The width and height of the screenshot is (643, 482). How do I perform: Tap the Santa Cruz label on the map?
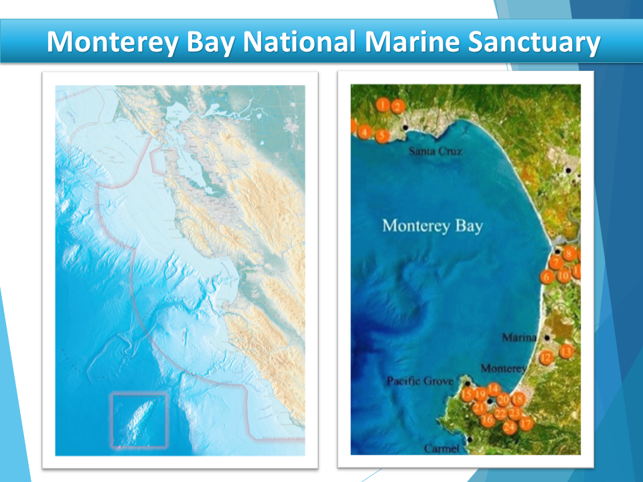coord(435,152)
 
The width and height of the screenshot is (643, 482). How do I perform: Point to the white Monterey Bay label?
coord(432,226)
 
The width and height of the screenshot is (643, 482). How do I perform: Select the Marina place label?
coord(519,338)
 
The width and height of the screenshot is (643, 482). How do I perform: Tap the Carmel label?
coord(442,449)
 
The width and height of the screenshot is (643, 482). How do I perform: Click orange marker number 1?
coord(382,104)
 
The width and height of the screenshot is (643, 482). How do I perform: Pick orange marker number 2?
coord(397,106)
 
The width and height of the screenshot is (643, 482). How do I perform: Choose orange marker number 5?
coord(382,136)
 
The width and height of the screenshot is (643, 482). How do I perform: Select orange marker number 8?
coord(569,254)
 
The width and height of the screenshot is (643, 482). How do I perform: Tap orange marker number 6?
coord(547,276)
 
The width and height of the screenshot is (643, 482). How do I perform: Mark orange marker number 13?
coord(566,351)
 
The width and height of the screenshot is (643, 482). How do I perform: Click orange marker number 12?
coord(547,357)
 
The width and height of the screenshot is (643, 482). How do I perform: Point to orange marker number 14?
coord(493,389)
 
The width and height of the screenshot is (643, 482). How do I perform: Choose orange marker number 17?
coord(526,423)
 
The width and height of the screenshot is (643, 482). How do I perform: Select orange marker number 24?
coord(510,426)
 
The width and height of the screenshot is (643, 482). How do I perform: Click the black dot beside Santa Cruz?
coord(405,127)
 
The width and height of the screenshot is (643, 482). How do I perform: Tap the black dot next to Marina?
coord(548,337)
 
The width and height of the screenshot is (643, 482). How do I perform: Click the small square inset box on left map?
coord(139,420)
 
